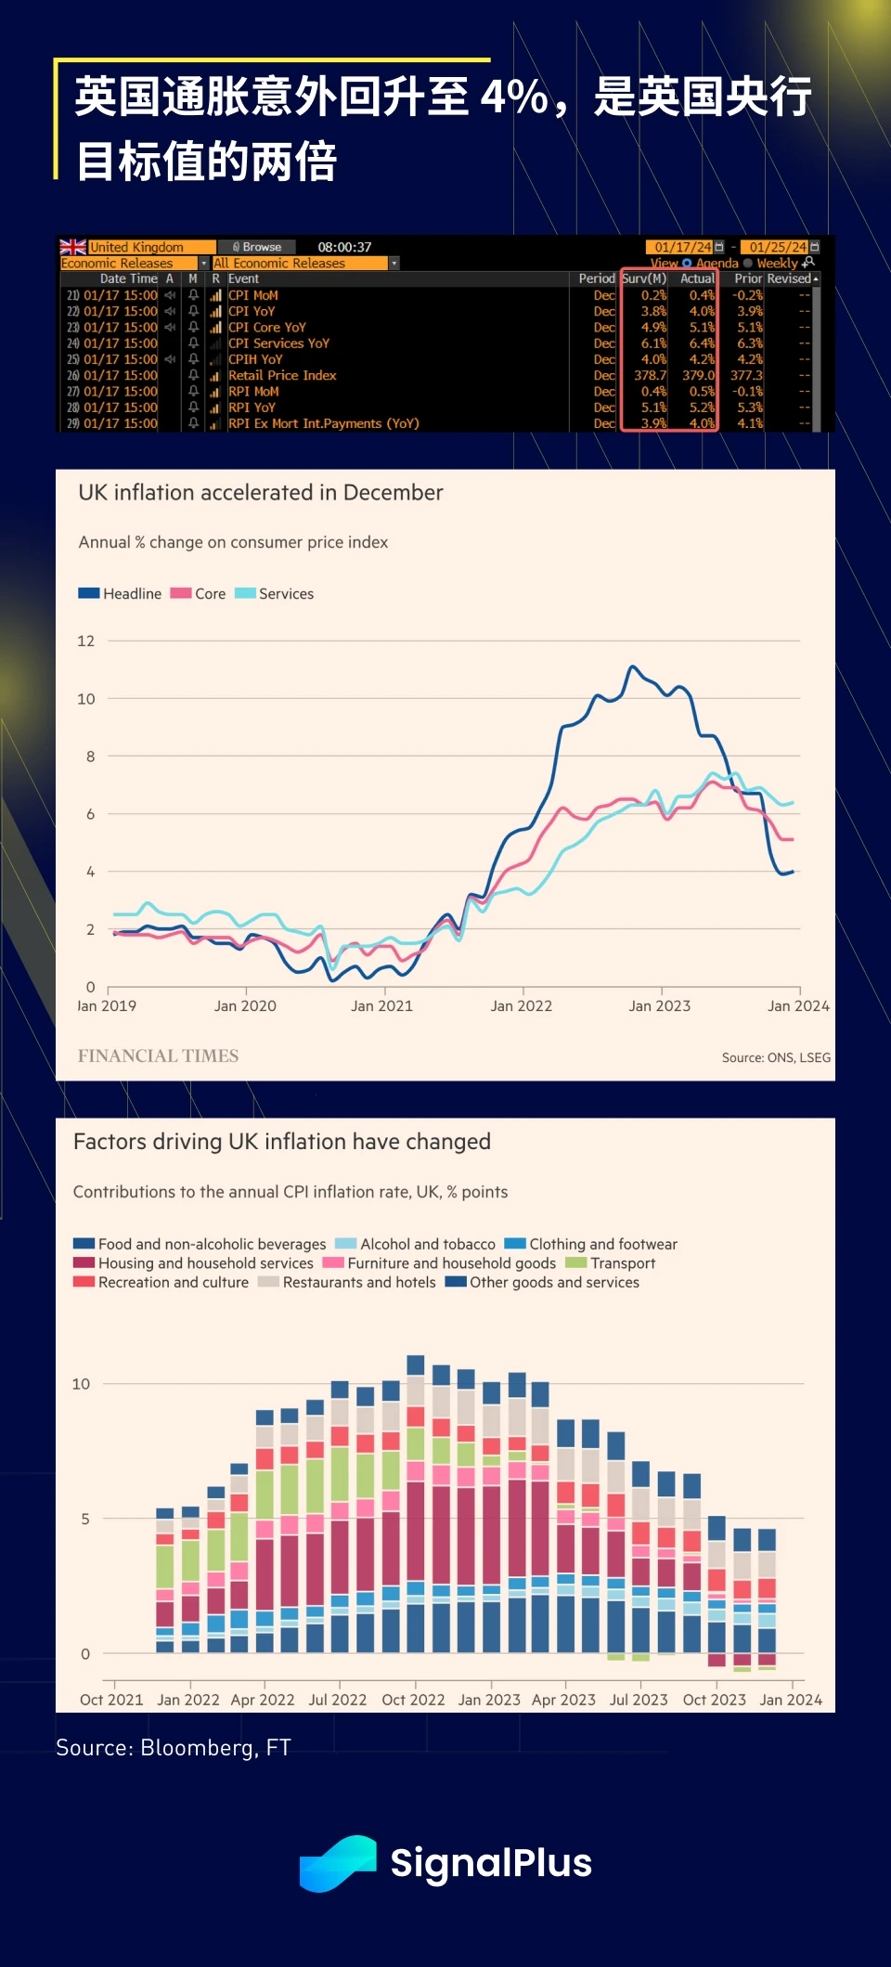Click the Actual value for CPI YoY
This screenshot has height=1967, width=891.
click(x=702, y=312)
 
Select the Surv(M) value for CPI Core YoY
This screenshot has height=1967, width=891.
click(x=653, y=328)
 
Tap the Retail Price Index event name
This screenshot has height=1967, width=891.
click(x=282, y=375)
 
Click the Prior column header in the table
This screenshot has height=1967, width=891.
click(x=748, y=278)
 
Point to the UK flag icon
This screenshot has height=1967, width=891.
click(x=72, y=247)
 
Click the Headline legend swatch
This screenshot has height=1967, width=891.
click(x=89, y=593)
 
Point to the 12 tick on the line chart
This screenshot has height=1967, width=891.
click(x=86, y=641)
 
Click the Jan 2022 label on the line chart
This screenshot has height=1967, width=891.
click(x=521, y=1006)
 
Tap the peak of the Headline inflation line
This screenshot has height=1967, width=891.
click(x=633, y=666)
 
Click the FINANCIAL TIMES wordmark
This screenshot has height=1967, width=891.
click(x=158, y=1056)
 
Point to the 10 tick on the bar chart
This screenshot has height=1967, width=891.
click(x=82, y=1384)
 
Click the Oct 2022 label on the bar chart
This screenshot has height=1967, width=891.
click(x=413, y=1701)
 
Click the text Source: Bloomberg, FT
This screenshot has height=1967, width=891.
click(x=174, y=1748)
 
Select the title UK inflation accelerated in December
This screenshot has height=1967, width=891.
click(x=261, y=493)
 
